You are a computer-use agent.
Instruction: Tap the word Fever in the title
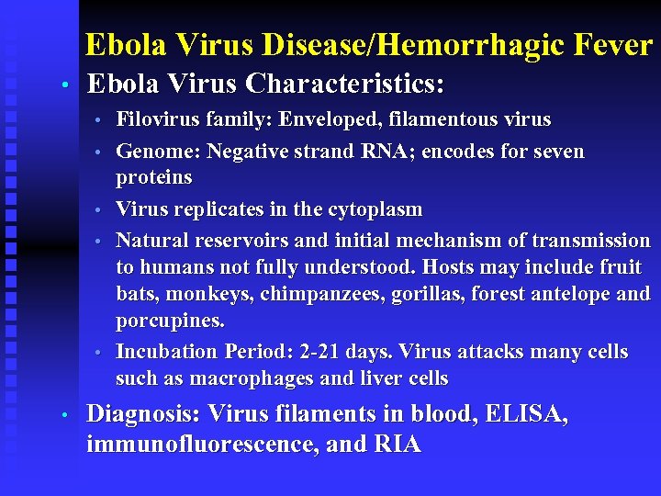(615, 44)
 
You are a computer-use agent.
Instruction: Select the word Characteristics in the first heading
(345, 85)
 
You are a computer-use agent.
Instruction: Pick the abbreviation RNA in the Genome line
(371, 151)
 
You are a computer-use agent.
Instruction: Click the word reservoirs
(241, 241)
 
